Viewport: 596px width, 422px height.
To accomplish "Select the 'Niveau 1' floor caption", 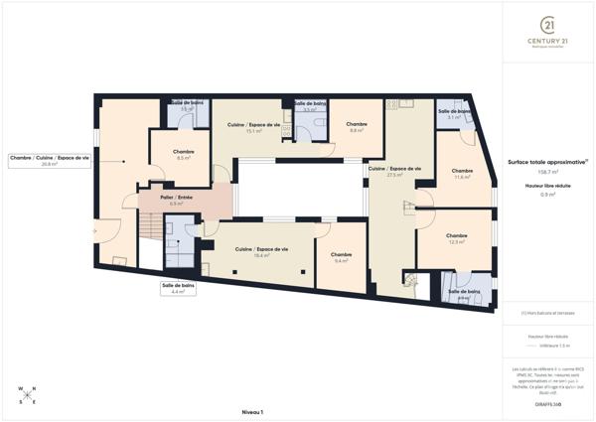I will [x=252, y=411].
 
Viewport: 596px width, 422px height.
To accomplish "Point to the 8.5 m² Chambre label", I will [x=184, y=155].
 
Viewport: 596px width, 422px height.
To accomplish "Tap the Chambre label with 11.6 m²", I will [x=462, y=174].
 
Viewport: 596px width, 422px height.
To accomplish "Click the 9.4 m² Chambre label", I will [x=341, y=257].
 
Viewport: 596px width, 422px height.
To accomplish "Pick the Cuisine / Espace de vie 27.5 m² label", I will [x=394, y=172].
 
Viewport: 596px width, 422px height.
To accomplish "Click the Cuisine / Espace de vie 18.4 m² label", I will [x=261, y=251].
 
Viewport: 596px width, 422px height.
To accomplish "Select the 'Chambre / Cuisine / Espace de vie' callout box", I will [x=49, y=160].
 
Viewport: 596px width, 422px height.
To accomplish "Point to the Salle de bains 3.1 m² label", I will [x=454, y=114].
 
